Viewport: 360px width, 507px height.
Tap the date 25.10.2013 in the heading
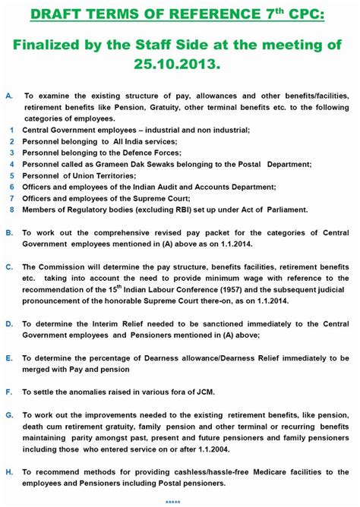[x=180, y=65]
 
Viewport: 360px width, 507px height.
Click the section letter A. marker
[x=9, y=97]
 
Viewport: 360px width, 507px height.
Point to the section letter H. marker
[x=9, y=472]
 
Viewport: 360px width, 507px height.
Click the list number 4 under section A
[x=12, y=164]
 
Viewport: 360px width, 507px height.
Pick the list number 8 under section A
[x=12, y=209]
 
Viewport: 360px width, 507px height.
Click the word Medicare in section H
[x=231, y=472]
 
